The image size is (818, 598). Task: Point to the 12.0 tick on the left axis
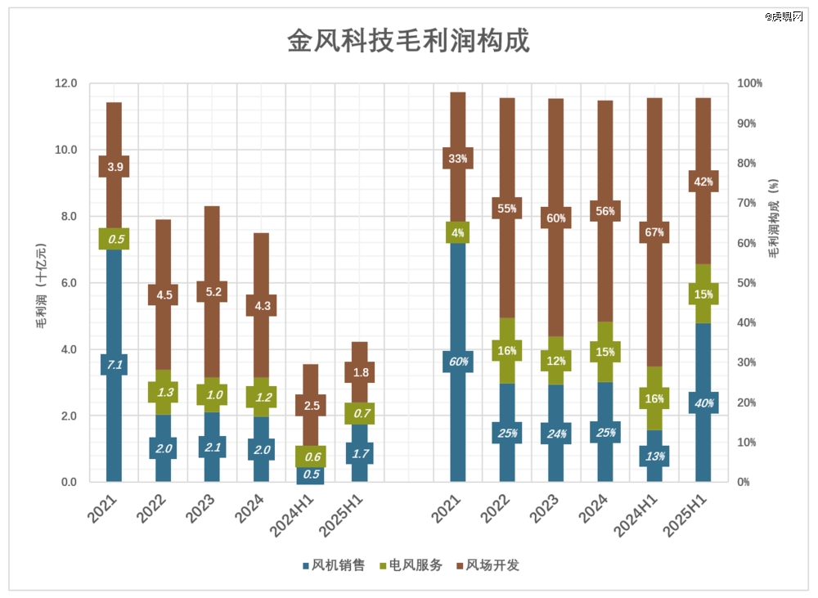(x=65, y=83)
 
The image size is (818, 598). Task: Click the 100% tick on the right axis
(x=749, y=83)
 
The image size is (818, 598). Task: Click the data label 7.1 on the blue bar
(x=115, y=365)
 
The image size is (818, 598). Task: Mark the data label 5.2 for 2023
(x=213, y=291)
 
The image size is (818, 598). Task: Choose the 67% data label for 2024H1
(x=654, y=232)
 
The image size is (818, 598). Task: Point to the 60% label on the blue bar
(x=458, y=362)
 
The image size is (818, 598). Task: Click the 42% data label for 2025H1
(x=703, y=182)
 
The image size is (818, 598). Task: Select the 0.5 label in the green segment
(x=115, y=239)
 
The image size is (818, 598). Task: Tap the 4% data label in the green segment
(x=458, y=232)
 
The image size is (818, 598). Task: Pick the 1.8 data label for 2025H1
(x=360, y=372)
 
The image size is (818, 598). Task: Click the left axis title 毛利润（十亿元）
(x=39, y=284)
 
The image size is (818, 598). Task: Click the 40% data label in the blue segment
(x=703, y=402)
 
